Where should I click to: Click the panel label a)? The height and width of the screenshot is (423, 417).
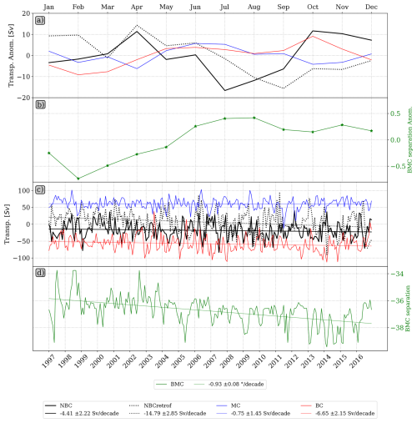point(52,18)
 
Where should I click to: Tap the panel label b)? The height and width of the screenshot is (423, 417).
point(52,105)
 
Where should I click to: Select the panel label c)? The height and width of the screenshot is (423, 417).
point(52,189)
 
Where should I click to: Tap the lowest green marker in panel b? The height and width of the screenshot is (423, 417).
point(78,178)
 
